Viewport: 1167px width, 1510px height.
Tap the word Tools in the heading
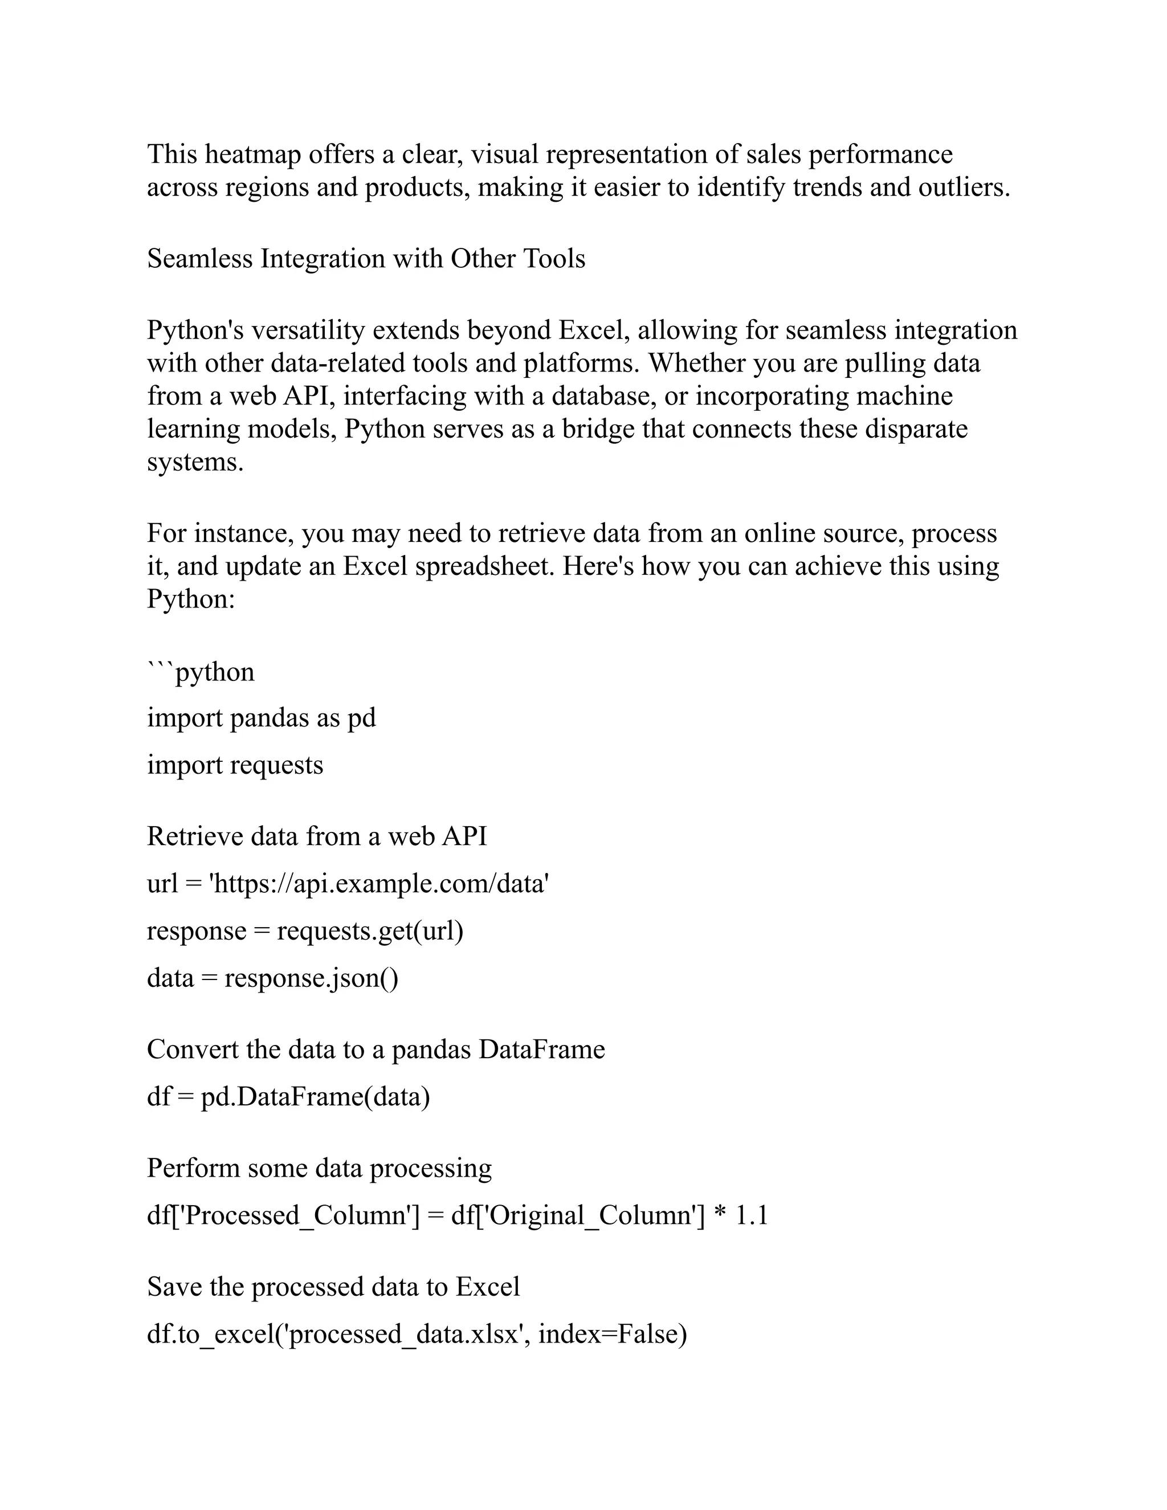(x=554, y=259)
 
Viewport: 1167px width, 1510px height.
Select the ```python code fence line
(x=201, y=672)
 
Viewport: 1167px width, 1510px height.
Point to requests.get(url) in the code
(x=370, y=931)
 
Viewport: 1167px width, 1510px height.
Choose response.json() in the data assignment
(x=311, y=978)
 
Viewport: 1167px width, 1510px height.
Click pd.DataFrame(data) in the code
(x=315, y=1096)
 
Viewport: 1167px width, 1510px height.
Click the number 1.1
(x=752, y=1215)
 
